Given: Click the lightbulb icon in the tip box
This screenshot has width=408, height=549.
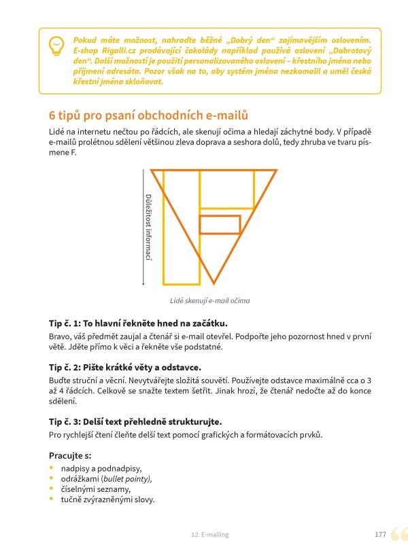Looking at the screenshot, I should tap(56, 46).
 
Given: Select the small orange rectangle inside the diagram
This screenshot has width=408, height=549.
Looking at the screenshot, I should tap(220, 224).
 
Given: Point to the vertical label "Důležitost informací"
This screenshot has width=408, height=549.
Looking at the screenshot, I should tap(148, 227).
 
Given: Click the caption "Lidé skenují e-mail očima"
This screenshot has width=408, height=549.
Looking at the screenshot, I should tap(211, 300).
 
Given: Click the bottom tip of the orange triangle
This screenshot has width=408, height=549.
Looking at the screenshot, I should tap(214, 282).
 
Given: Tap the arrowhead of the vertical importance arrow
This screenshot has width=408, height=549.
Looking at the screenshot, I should tap(142, 283).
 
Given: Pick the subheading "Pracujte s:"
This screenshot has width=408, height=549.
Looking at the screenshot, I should tap(70, 455).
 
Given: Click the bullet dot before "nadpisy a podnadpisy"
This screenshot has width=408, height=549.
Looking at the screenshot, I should tap(52, 468).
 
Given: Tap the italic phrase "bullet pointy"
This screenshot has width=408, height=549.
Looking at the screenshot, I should tap(126, 478).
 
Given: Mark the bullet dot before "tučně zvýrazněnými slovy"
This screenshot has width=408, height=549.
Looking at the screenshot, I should tap(52, 499).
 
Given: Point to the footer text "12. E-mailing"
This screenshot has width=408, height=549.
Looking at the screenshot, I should tap(210, 535).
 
